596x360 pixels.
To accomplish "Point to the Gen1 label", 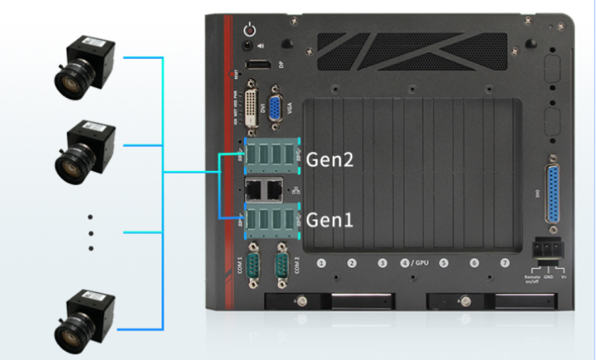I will click(x=329, y=219).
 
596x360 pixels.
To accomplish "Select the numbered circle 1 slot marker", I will click(x=321, y=263).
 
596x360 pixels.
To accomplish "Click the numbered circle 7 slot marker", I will click(x=505, y=263).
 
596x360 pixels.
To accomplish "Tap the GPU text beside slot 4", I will click(x=421, y=263).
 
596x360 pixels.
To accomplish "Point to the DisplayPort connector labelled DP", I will click(x=257, y=66).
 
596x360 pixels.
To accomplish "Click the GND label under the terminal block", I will click(x=548, y=276).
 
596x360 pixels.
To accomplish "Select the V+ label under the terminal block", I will click(x=564, y=276).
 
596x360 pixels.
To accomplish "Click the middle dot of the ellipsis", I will click(x=91, y=233).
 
